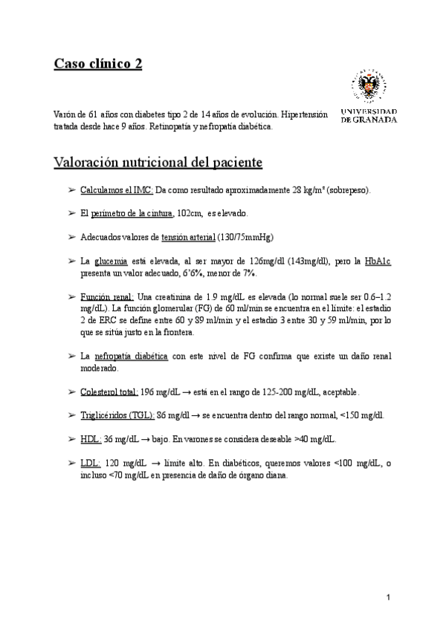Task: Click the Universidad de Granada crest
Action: pyautogui.click(x=369, y=89)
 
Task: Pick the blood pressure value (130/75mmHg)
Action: pyautogui.click(x=245, y=238)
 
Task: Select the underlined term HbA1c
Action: pyautogui.click(x=378, y=262)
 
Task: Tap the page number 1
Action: pyautogui.click(x=389, y=597)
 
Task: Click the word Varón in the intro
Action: pyautogui.click(x=65, y=115)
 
